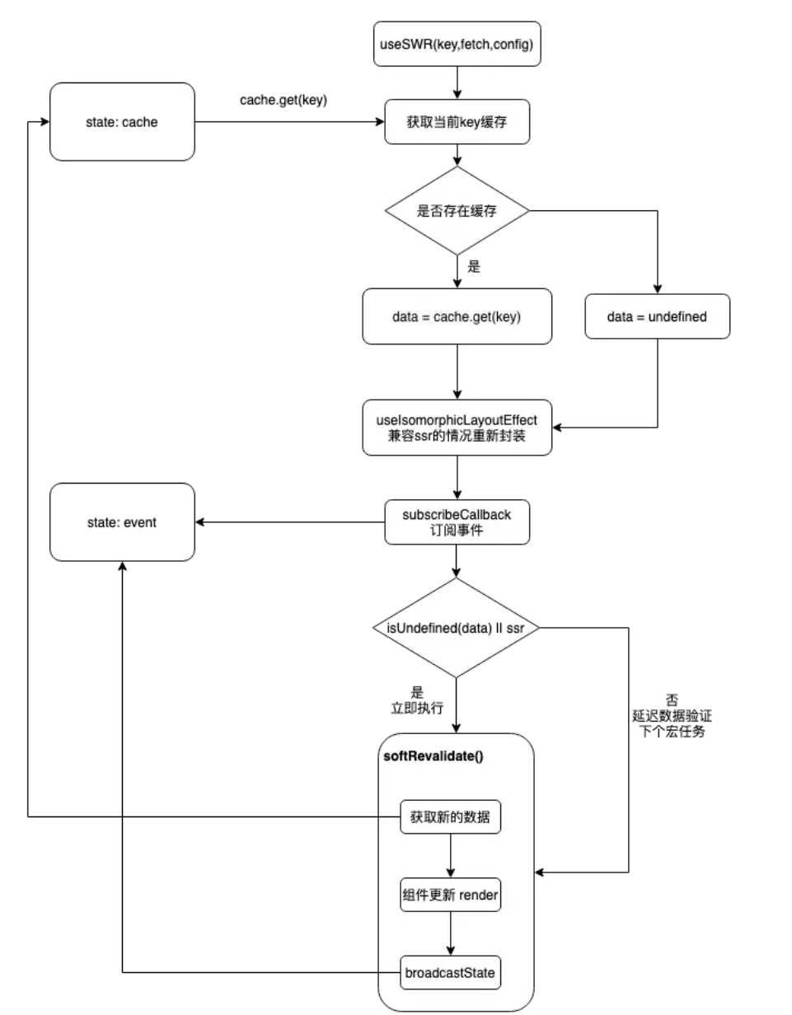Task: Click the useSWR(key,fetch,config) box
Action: click(x=457, y=45)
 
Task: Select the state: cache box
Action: click(x=122, y=122)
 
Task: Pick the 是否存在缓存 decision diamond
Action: click(x=457, y=211)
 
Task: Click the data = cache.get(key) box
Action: click(x=457, y=316)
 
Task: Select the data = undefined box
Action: click(x=658, y=316)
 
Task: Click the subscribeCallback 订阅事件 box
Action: click(x=457, y=522)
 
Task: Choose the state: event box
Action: click(x=122, y=522)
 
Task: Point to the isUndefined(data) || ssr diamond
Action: click(x=457, y=628)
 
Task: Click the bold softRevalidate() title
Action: click(x=433, y=755)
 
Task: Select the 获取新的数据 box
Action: click(x=451, y=816)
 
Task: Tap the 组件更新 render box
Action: click(x=451, y=896)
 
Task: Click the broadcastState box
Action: click(x=451, y=972)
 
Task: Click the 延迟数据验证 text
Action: click(x=667, y=715)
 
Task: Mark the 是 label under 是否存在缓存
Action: click(x=473, y=267)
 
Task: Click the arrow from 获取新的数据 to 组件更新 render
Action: click(x=451, y=856)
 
